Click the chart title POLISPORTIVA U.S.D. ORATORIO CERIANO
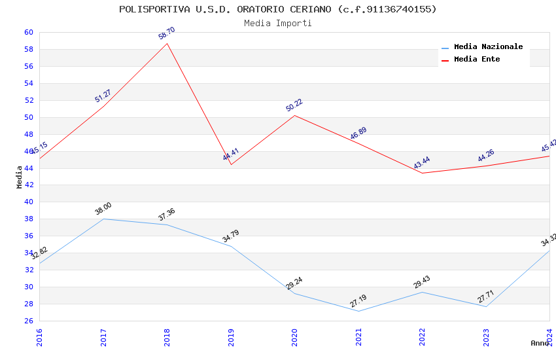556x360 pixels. pos(277,9)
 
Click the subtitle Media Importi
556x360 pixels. pos(277,24)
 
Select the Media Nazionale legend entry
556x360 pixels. pos(488,47)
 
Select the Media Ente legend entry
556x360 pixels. pos(477,60)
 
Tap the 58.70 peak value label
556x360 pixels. pos(167,33)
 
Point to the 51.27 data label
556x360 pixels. pos(103,96)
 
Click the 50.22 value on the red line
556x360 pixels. pos(294,105)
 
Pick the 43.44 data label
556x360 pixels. pos(422,163)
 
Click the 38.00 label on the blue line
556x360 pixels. pos(103,209)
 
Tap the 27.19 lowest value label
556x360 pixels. pos(358,301)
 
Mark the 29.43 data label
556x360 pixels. pos(422,282)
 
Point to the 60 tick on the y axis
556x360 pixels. pos(29,33)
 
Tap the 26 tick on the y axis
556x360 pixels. pos(29,321)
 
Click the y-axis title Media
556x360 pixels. pos(20,177)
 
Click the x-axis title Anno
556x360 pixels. pos(540,343)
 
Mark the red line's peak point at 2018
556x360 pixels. pos(167,44)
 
